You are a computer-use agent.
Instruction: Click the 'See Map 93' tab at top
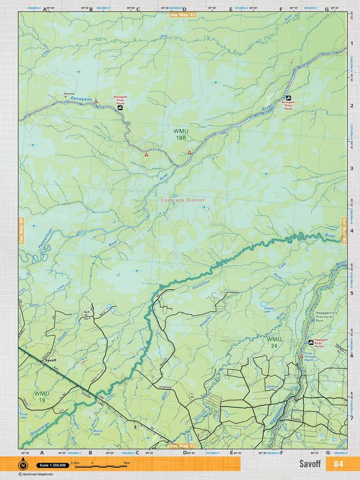pos(182,14)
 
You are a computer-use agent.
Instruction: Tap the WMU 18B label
pos(181,134)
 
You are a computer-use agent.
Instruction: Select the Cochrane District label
pos(182,200)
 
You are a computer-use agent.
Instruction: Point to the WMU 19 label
pos(41,396)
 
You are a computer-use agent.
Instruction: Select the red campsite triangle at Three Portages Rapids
pos(301,356)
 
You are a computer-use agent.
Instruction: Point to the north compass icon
pos(22,465)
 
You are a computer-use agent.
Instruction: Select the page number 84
pos(338,464)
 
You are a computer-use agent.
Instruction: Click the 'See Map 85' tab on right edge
pos(344,231)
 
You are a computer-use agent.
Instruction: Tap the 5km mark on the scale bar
pos(127,464)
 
